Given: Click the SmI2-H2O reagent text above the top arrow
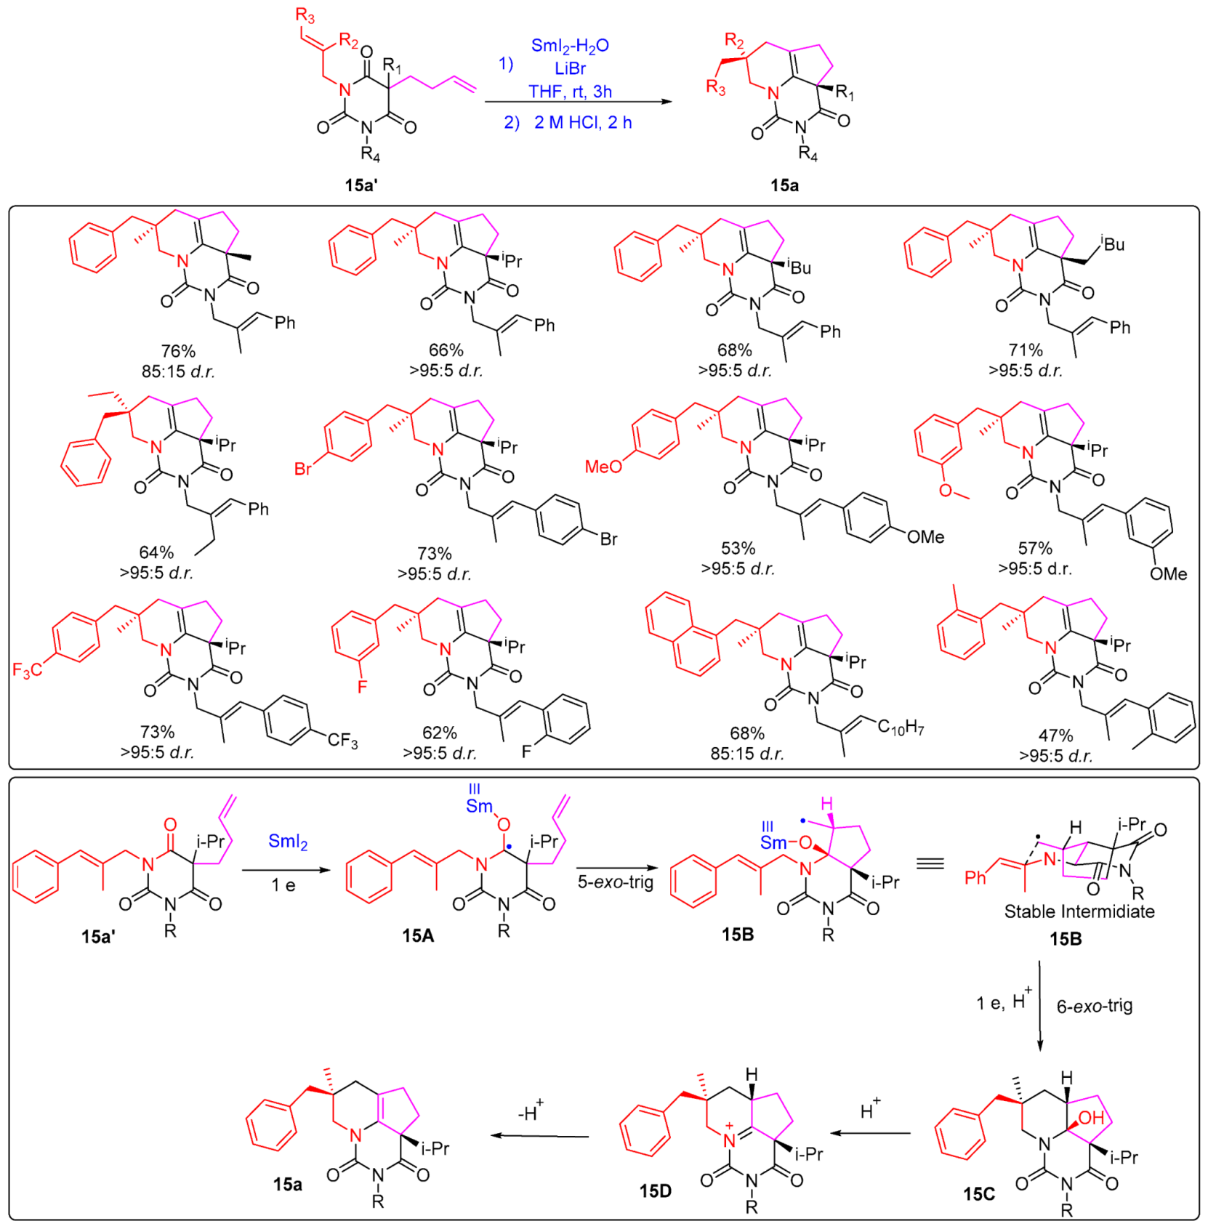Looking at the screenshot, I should [570, 46].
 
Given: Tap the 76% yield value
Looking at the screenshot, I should [178, 351].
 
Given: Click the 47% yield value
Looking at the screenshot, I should [1055, 736].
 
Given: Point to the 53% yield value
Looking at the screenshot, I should [738, 548].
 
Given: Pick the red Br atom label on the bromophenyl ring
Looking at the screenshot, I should [303, 469].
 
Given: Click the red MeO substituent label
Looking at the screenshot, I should [603, 467].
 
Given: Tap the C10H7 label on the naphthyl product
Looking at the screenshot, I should [900, 726].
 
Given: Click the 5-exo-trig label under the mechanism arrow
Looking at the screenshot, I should [615, 882].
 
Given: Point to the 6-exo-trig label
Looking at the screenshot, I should [1094, 1006].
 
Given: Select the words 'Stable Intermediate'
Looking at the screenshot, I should [1079, 911].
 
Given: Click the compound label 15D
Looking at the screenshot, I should [655, 1190].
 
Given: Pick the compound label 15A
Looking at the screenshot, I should [418, 936].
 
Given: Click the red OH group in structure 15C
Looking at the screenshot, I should [1091, 1119].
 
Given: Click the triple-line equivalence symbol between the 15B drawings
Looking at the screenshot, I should [930, 863].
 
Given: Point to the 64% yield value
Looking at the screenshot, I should [156, 552].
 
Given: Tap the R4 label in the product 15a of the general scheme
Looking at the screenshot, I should [808, 154].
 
